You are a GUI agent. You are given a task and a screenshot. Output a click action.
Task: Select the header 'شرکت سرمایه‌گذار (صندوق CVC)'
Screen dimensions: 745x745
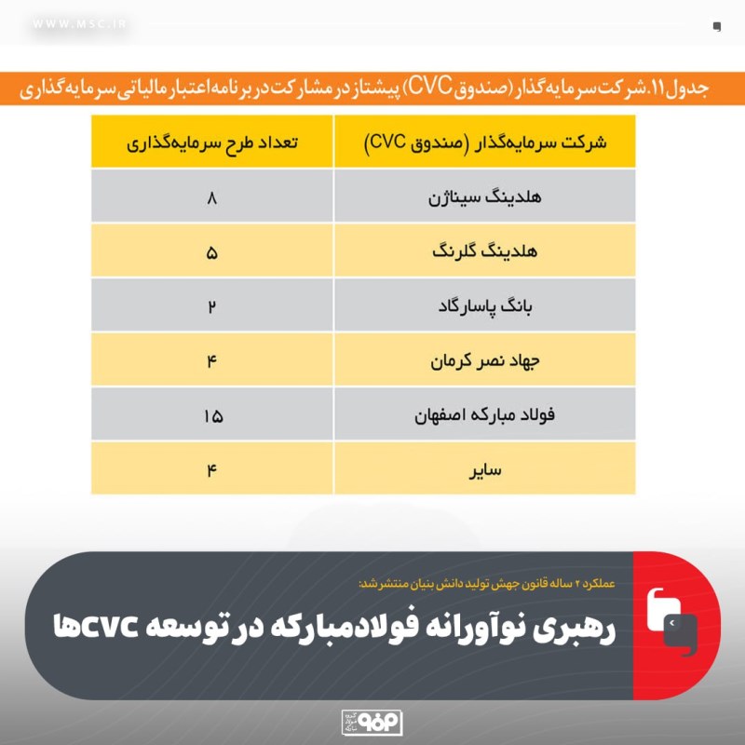(484, 142)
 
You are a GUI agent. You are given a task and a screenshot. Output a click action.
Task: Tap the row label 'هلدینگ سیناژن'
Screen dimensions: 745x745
(484, 197)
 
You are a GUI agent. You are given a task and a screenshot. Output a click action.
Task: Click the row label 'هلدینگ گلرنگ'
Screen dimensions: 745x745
(484, 251)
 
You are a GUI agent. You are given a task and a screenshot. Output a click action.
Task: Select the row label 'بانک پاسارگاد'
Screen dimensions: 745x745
(484, 306)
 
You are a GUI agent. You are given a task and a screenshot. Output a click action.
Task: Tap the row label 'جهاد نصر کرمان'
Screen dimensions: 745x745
(484, 360)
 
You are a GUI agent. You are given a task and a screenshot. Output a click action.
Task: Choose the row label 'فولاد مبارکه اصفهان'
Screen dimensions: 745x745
(484, 415)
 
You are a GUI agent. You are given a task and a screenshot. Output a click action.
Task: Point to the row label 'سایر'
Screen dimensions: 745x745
(484, 469)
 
